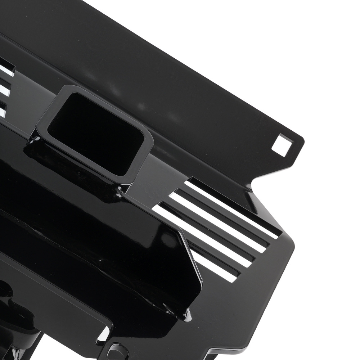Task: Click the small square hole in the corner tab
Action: (x=281, y=145)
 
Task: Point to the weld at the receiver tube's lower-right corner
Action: (x=121, y=189)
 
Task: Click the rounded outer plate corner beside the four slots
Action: (x=290, y=245)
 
